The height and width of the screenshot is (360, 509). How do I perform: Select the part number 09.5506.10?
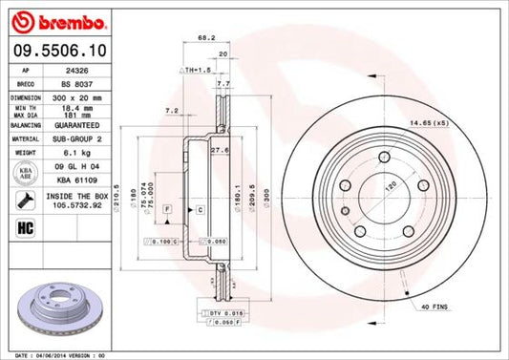[57, 51]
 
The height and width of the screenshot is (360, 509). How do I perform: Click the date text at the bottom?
[57, 354]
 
